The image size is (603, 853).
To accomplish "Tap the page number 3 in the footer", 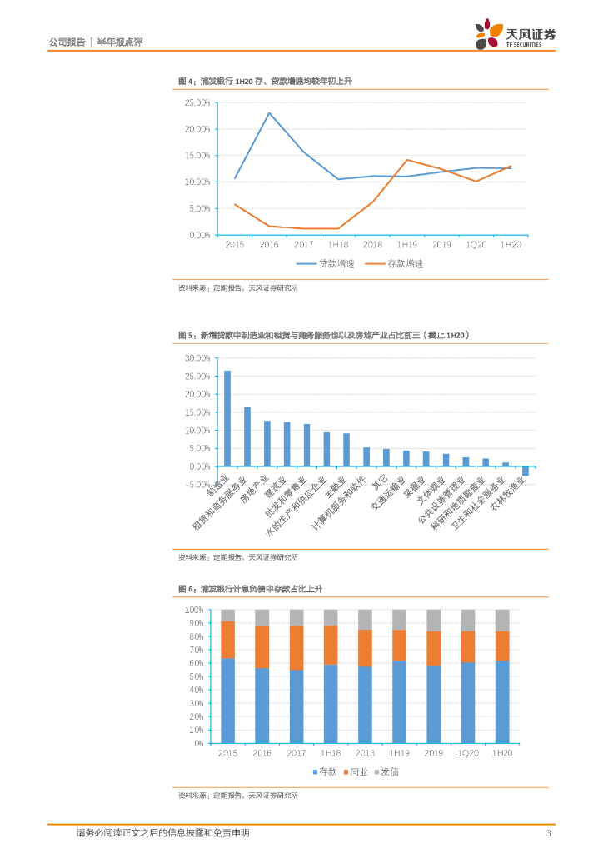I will [x=547, y=833].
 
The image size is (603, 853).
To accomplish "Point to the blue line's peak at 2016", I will [x=269, y=112].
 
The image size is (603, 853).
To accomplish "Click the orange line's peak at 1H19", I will [x=406, y=160].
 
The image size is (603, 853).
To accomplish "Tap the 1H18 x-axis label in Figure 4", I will [x=337, y=244].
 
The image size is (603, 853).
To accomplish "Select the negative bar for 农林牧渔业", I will [x=526, y=471].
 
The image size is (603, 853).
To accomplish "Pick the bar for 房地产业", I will [x=267, y=443].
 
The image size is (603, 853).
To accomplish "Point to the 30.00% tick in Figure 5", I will [x=197, y=357].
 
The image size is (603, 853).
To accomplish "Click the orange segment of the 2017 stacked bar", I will [x=297, y=647].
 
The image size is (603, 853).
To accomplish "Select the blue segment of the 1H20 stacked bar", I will [x=502, y=690].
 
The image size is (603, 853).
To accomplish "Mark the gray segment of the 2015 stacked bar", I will [x=227, y=615].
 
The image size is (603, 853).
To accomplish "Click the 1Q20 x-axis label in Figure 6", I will [x=468, y=753].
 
